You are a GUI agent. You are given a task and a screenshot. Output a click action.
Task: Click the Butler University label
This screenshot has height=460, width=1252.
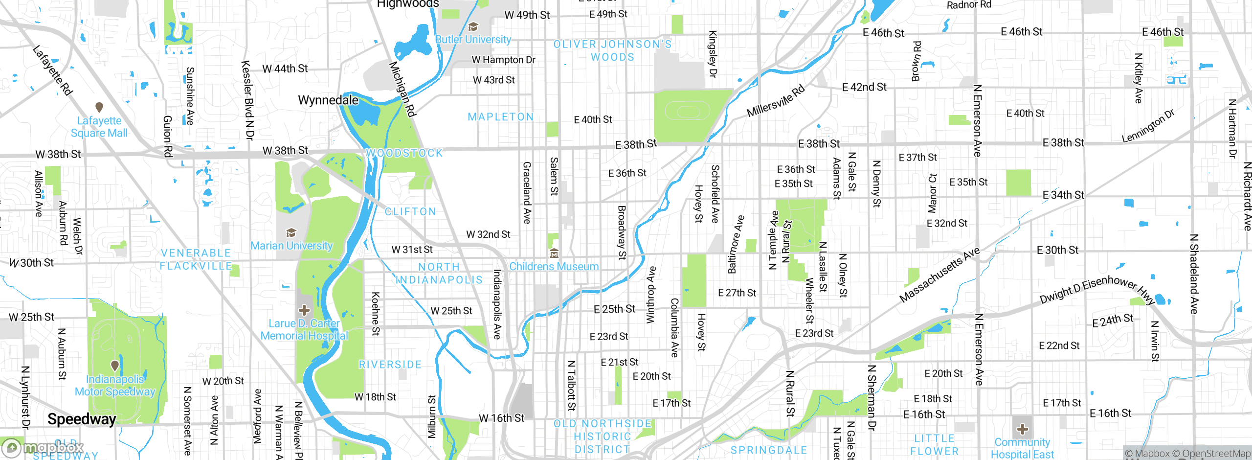tap(473, 40)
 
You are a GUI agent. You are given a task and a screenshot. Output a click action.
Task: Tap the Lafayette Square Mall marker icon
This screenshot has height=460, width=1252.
tap(99, 107)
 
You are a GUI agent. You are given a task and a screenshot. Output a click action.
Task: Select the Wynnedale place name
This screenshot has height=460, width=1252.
tap(328, 100)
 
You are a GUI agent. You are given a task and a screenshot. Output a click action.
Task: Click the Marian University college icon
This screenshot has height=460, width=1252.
tap(291, 232)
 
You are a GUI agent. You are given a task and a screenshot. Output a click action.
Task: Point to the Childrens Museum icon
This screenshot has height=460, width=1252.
tap(554, 253)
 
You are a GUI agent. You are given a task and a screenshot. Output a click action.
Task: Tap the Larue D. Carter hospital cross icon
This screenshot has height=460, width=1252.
tap(304, 310)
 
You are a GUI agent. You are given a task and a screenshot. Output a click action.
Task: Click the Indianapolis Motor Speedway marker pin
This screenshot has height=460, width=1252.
tap(115, 365)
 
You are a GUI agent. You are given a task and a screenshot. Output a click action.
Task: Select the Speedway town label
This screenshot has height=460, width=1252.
tap(82, 419)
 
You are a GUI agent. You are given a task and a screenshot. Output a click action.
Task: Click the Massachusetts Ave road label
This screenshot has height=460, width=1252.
tap(939, 275)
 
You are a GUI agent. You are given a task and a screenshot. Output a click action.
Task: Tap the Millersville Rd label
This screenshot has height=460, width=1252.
tap(775, 101)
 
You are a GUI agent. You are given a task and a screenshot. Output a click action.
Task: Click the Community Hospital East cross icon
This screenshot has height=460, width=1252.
tap(1022, 430)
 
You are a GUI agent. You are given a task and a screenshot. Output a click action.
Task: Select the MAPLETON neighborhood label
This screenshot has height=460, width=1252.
tap(500, 117)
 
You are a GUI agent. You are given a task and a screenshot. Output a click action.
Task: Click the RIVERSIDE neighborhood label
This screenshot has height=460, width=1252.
tap(390, 365)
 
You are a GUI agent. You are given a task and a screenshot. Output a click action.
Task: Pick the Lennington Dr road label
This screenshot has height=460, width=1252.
tap(1148, 126)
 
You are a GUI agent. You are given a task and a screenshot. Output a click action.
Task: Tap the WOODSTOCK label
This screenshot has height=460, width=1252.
tap(404, 153)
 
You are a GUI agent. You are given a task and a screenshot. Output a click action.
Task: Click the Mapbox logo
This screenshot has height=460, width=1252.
tap(43, 448)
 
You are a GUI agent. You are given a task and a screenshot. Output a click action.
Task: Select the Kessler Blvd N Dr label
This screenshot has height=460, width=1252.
tap(248, 100)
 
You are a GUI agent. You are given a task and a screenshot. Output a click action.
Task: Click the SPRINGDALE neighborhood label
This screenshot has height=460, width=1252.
tap(768, 450)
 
